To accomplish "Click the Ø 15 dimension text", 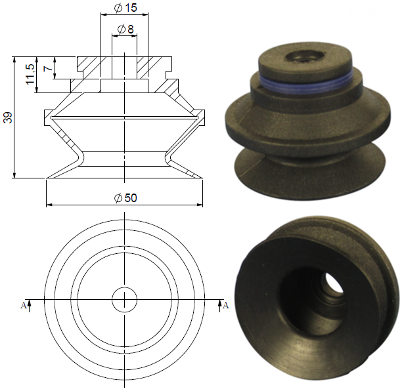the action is click(x=125, y=8).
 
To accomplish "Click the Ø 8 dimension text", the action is click(x=125, y=29).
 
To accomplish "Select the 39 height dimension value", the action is click(x=8, y=117).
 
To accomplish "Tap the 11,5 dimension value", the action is click(x=30, y=74).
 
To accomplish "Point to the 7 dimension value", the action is click(x=48, y=68).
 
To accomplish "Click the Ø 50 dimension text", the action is click(x=125, y=198).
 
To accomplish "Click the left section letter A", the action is click(x=23, y=305).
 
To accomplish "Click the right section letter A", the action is click(x=225, y=305).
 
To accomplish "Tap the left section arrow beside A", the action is click(x=29, y=306).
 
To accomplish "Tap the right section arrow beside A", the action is click(x=219, y=306).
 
